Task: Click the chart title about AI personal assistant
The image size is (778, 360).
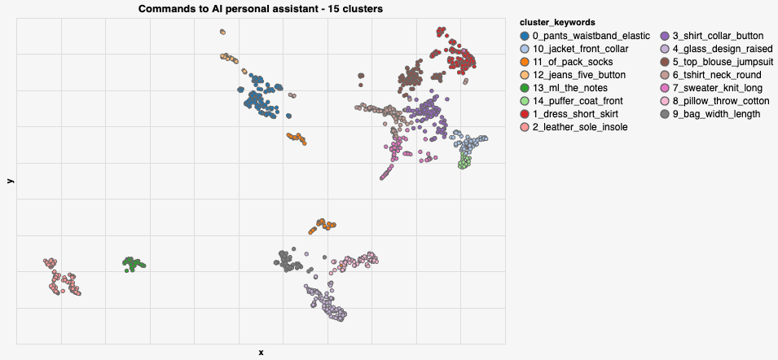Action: [261, 8]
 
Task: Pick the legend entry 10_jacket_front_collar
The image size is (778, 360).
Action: [581, 49]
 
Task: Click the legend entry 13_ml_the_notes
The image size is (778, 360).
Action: [569, 88]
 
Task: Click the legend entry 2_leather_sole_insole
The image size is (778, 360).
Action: [579, 127]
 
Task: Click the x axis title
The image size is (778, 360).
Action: [261, 353]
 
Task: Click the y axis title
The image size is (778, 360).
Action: [9, 181]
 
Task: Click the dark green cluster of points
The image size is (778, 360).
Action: [133, 264]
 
